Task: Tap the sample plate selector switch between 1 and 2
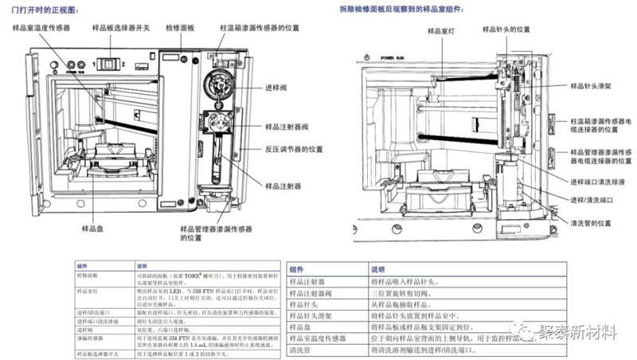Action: (x=102, y=62)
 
